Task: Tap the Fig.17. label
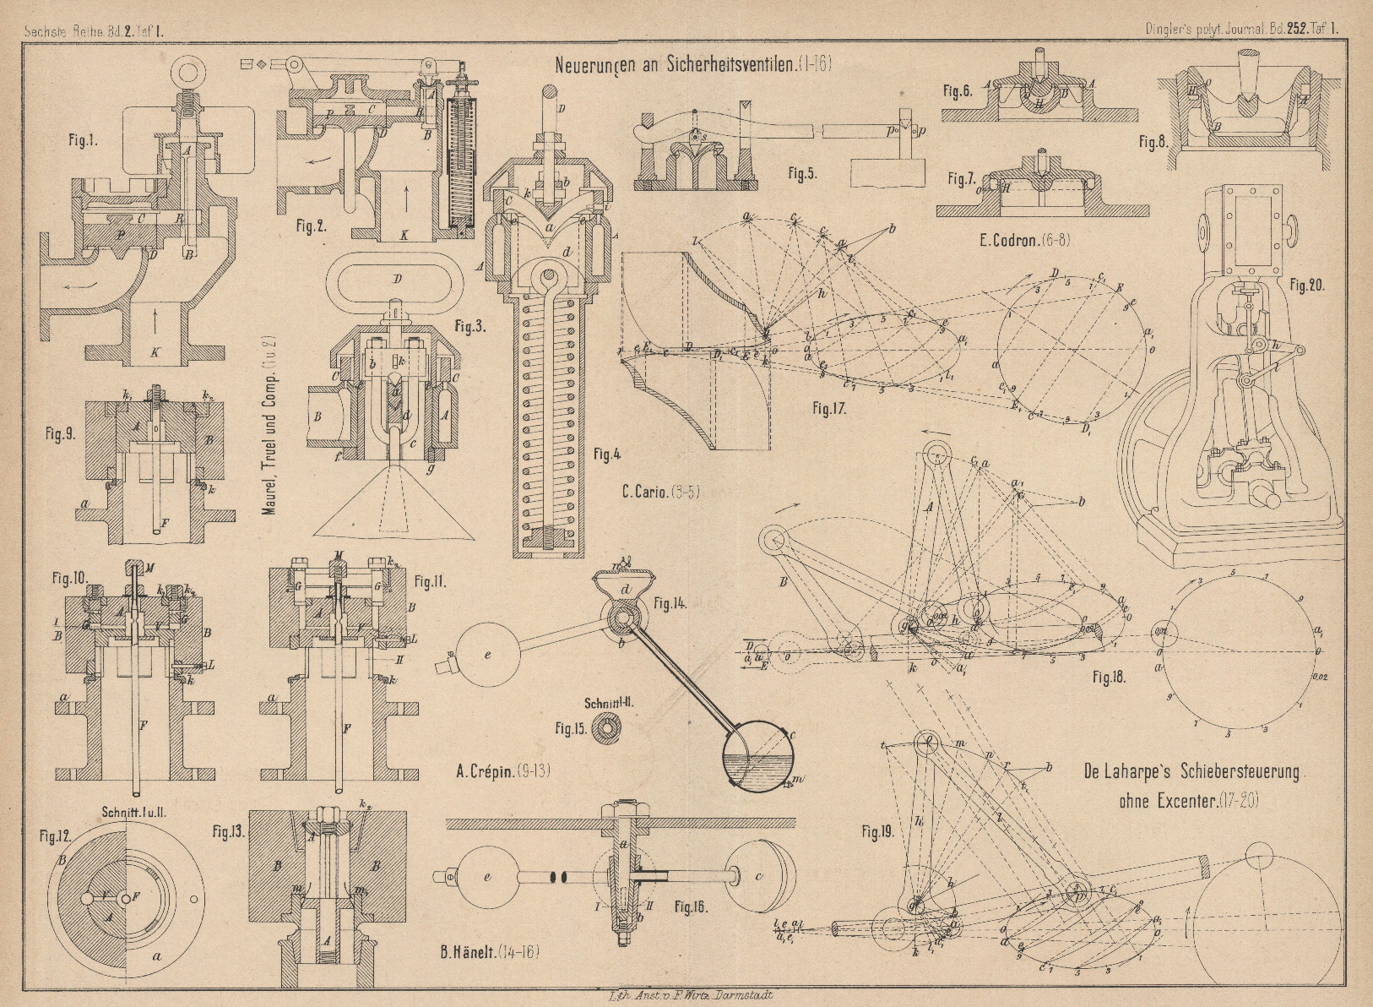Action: [829, 409]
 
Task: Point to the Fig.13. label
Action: [227, 830]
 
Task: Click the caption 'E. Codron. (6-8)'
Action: [1024, 240]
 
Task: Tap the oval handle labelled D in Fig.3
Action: [396, 280]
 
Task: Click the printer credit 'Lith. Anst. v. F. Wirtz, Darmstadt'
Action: [686, 996]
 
